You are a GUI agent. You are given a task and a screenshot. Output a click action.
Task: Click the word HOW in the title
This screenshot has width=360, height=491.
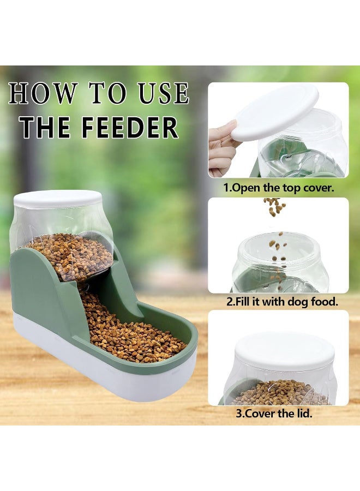[43, 93]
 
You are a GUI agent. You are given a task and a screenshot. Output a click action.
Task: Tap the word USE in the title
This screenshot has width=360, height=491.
[164, 93]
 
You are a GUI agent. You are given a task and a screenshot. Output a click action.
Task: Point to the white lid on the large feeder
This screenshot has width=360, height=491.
[58, 199]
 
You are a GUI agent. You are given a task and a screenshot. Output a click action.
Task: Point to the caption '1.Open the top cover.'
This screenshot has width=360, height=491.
[279, 188]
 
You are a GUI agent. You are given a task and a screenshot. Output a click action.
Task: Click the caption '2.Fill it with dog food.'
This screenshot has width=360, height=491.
[283, 302]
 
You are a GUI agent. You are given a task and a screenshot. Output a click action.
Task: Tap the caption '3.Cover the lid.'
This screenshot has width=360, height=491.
[274, 414]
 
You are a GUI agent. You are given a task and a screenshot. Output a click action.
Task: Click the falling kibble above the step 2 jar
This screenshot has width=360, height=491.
[274, 206]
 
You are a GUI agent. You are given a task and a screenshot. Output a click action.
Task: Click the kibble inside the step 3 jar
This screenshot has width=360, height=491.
[280, 393]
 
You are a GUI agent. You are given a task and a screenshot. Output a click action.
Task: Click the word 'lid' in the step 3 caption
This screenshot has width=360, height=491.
[304, 413]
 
